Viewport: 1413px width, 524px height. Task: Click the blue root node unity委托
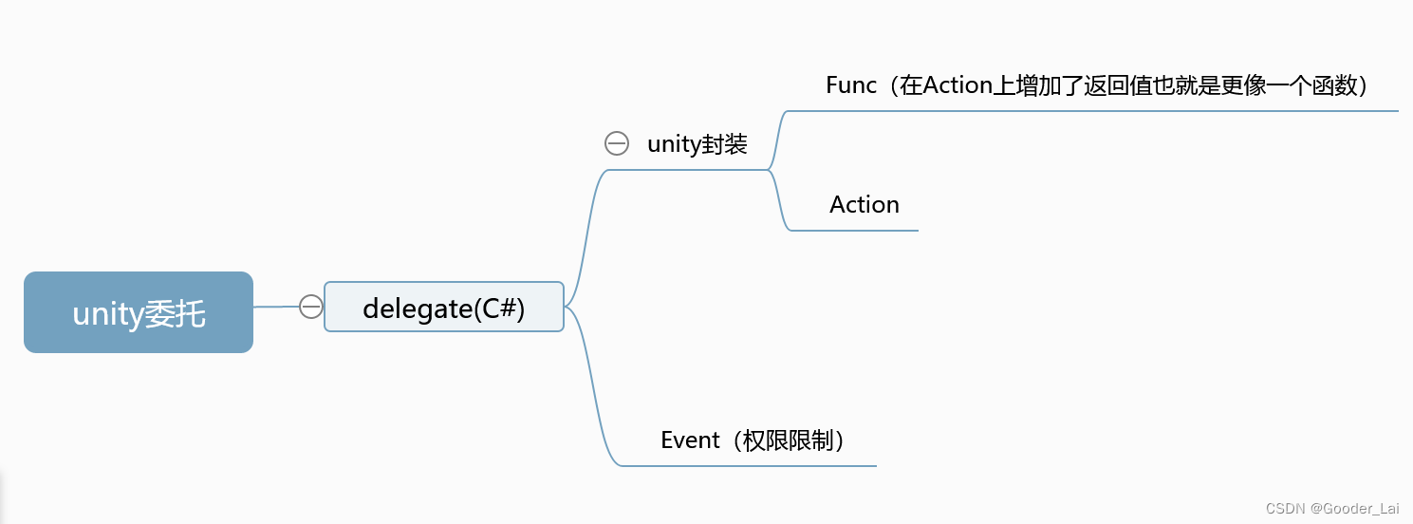click(139, 312)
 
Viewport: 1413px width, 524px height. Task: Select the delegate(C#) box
click(443, 307)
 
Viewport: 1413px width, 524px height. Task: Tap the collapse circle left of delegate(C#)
click(311, 307)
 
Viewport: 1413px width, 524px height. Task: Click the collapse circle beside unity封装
click(617, 143)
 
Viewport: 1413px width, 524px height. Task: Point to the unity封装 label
click(697, 144)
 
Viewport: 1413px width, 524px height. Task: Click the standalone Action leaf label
click(864, 205)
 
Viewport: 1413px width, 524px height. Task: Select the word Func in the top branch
click(851, 85)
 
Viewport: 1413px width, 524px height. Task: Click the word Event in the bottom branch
click(690, 440)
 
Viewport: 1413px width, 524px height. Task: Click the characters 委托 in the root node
click(175, 313)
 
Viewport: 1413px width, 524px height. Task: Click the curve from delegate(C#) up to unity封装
click(586, 228)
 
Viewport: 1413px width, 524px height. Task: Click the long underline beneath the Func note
click(1091, 111)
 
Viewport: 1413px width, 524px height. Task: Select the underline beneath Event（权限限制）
click(750, 465)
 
